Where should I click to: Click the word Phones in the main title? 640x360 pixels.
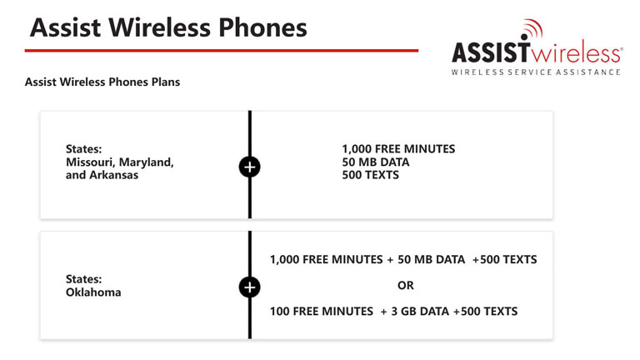[262, 27]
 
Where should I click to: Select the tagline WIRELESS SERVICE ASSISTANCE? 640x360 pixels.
[536, 72]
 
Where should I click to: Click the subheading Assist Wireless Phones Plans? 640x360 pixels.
[102, 82]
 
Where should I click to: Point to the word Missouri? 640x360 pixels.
[91, 162]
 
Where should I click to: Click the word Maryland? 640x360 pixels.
[147, 162]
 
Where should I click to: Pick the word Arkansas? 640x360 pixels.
[114, 175]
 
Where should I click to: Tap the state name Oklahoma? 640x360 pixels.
[93, 292]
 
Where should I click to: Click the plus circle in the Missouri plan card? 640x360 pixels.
[250, 167]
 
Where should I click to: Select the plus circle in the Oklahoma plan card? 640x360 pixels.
[250, 287]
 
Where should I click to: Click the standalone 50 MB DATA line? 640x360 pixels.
[376, 162]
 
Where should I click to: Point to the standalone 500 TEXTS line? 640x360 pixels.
[370, 175]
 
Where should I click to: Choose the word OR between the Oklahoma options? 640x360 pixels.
[406, 285]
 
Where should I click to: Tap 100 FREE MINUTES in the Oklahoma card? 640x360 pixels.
[322, 312]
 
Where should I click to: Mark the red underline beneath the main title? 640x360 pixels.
[222, 51]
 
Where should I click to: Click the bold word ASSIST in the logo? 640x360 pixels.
[491, 52]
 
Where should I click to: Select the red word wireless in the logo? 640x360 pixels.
[576, 52]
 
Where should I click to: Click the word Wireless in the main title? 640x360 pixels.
[160, 27]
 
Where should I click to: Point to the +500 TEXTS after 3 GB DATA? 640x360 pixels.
[485, 312]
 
